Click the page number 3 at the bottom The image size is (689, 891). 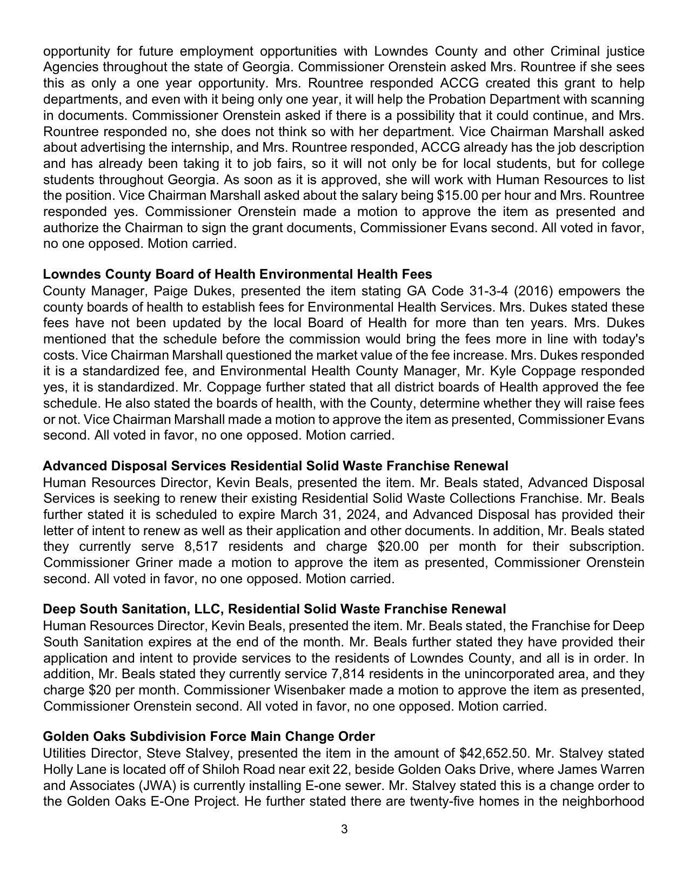344,829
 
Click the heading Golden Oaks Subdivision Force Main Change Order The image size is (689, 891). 209,737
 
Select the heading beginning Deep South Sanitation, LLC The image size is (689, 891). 275,609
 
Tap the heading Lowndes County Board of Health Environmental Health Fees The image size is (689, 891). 237,274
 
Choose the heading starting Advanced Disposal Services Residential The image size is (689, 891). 276,465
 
